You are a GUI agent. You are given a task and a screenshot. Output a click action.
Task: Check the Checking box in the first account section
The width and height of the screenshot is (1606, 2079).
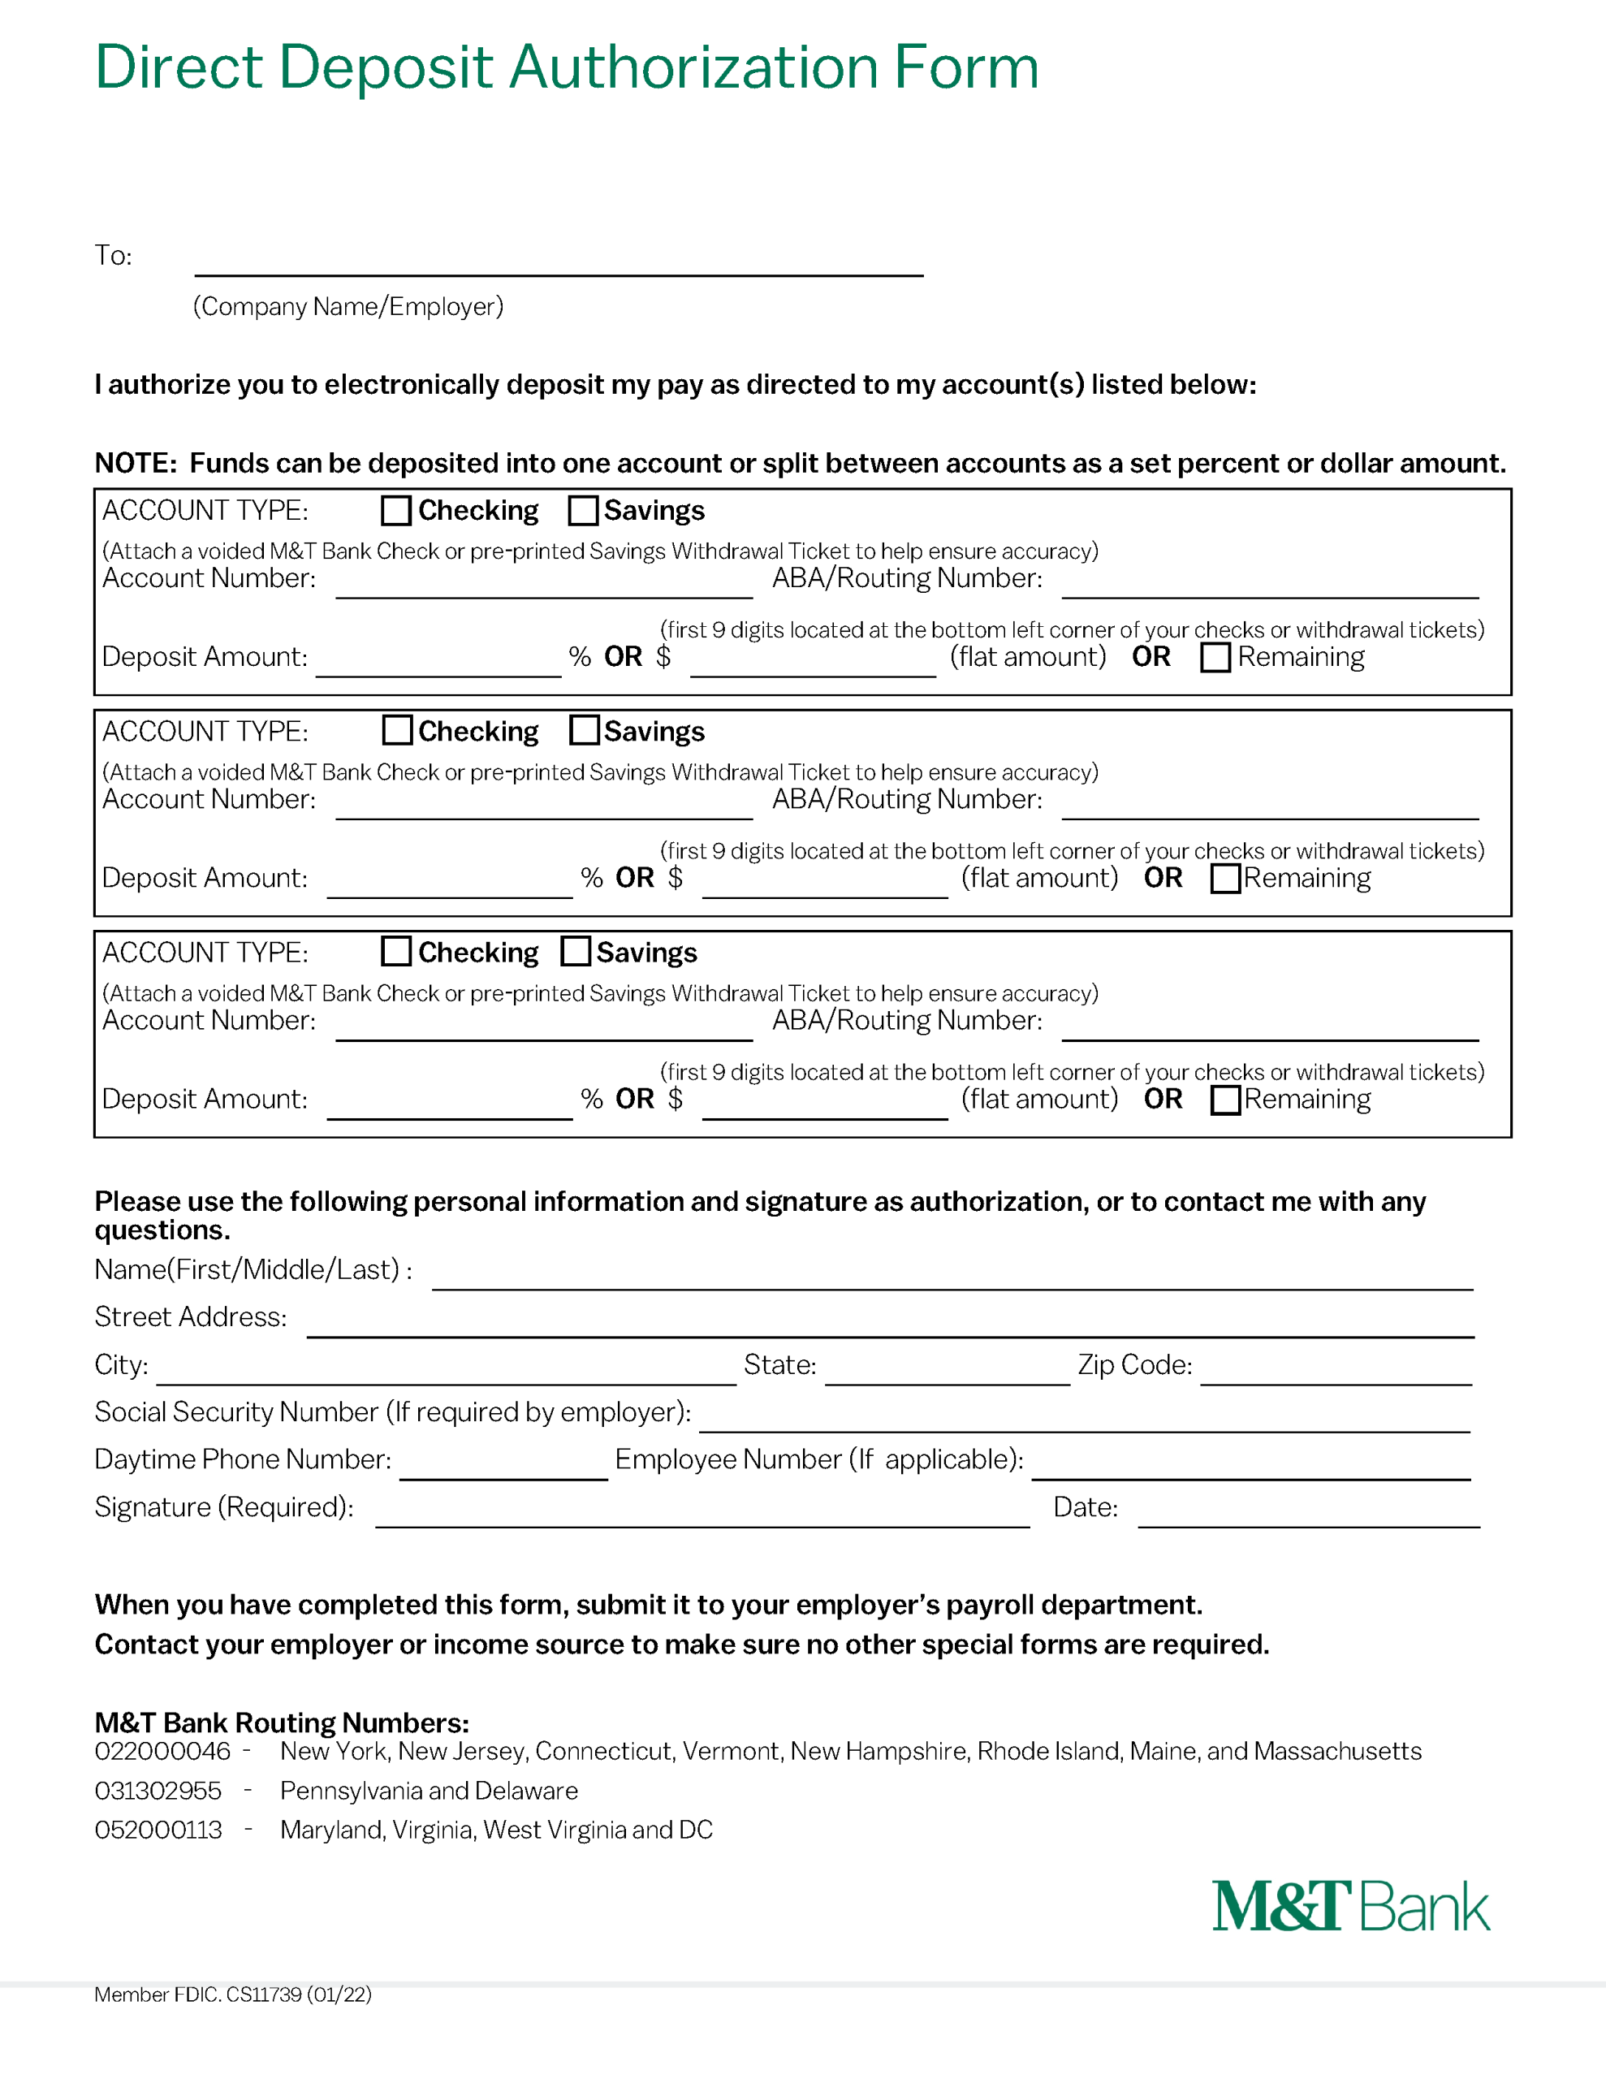(396, 510)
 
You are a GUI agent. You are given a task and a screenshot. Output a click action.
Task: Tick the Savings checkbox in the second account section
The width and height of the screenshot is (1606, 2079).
(584, 730)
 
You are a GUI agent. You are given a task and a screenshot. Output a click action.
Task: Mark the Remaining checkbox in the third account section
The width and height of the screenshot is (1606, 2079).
(1225, 1100)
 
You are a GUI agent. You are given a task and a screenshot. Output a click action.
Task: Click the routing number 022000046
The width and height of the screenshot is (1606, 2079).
(162, 1752)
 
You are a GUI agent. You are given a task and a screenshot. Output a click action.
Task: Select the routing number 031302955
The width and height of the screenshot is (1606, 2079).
(158, 1791)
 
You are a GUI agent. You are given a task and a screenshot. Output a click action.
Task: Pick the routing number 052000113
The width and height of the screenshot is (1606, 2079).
(158, 1830)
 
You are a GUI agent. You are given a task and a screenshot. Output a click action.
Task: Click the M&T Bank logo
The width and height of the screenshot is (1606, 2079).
(1350, 1907)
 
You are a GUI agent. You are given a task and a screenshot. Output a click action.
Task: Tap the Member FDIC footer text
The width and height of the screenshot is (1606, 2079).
(232, 1995)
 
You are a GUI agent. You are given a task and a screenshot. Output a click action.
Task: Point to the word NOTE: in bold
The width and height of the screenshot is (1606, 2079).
(135, 464)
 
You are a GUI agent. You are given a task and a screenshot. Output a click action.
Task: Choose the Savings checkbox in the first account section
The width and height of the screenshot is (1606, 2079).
(583, 510)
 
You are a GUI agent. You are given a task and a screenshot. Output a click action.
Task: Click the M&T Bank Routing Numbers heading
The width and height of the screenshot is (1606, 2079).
(282, 1723)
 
